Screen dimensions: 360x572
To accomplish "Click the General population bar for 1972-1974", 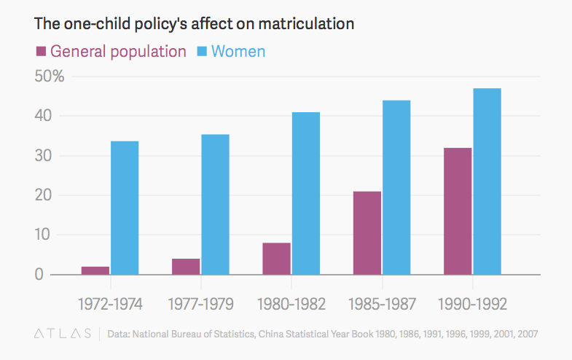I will tap(95, 270).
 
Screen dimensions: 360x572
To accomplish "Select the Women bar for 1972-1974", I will tap(125, 208).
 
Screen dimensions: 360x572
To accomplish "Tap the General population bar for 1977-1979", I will tap(186, 267).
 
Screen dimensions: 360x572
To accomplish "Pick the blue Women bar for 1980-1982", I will tap(305, 193).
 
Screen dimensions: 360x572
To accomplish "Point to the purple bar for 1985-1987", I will tap(367, 233).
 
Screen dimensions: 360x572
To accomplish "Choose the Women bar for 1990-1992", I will tap(487, 181).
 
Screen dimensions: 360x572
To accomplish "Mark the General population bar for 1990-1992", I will tap(458, 211).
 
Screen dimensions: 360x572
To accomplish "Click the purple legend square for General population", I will tap(40, 51).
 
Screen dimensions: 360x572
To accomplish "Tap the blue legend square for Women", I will tap(201, 51).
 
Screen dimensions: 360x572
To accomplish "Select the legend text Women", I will tap(238, 51).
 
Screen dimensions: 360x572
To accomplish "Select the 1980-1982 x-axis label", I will tap(291, 302).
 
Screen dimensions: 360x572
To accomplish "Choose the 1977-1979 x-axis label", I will tap(200, 302).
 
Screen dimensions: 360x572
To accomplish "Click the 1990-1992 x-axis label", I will tap(471, 302).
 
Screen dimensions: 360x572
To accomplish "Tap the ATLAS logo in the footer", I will tap(63, 334).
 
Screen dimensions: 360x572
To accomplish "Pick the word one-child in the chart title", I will tap(94, 23).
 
